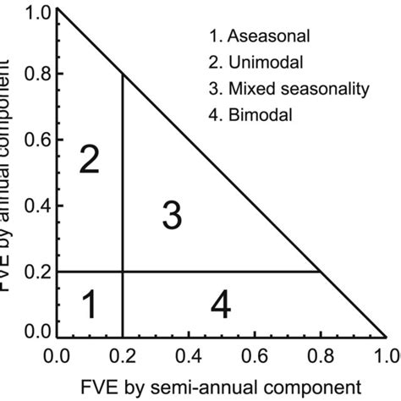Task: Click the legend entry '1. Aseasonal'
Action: coord(258,36)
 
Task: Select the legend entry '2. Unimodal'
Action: coord(255,63)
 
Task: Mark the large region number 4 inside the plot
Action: coord(220,305)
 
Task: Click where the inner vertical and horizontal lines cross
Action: coord(124,272)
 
